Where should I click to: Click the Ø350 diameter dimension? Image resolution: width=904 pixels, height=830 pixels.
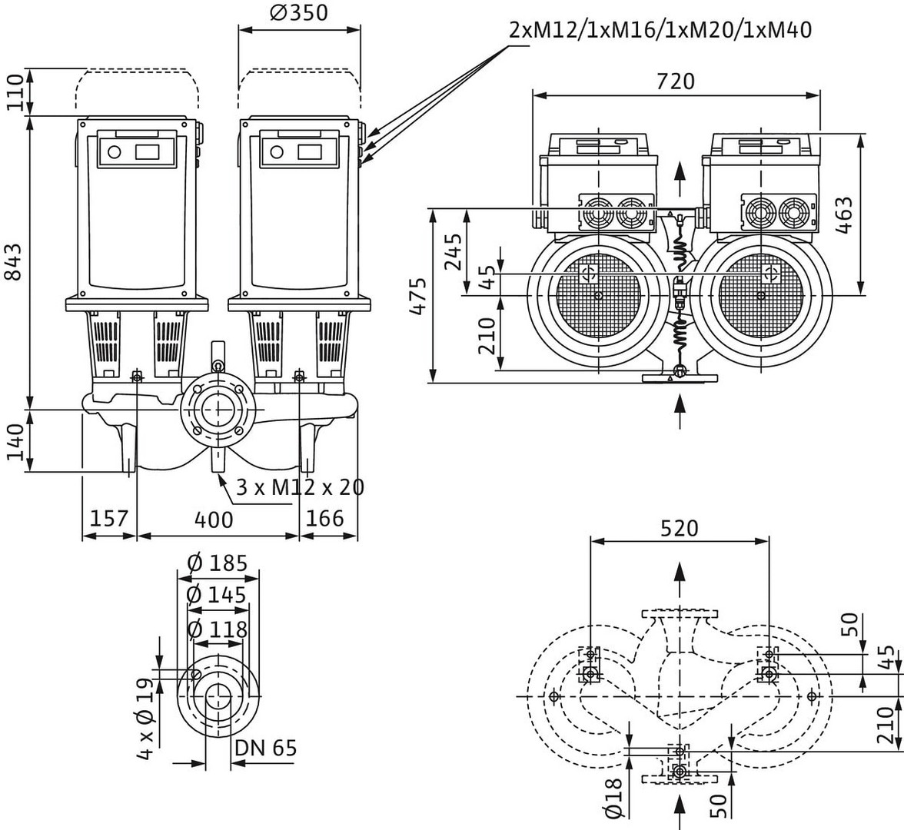point(299,13)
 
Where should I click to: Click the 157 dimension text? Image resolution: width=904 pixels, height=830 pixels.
point(108,518)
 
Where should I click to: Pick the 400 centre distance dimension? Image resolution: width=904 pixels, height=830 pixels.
point(213,520)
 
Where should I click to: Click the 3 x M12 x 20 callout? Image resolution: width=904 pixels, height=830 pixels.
point(300,486)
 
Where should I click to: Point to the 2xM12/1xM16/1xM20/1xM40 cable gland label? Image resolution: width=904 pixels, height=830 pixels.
point(660,30)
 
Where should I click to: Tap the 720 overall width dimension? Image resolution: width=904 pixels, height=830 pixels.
point(676,81)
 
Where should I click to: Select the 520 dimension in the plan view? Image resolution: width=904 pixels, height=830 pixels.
point(679,528)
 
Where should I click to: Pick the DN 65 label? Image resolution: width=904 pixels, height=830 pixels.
point(265,748)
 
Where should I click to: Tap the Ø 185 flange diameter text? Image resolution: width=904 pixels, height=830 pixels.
point(217,563)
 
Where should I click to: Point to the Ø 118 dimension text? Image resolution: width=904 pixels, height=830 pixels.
point(217,629)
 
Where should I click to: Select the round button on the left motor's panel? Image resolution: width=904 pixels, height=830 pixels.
point(115,151)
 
